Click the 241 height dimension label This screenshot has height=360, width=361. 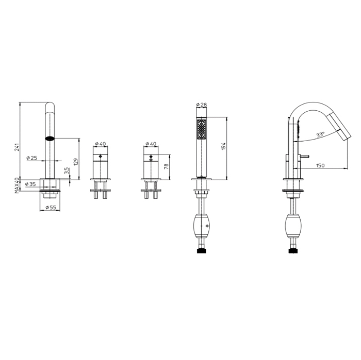17,147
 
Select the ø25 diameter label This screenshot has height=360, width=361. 32,158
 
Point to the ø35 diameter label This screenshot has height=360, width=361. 30,184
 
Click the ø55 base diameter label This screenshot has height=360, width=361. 51,207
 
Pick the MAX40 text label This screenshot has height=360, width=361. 17,185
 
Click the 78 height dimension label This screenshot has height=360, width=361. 166,166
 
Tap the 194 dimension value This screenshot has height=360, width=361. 223,146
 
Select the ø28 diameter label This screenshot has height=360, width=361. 202,105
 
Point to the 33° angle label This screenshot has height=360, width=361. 320,134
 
